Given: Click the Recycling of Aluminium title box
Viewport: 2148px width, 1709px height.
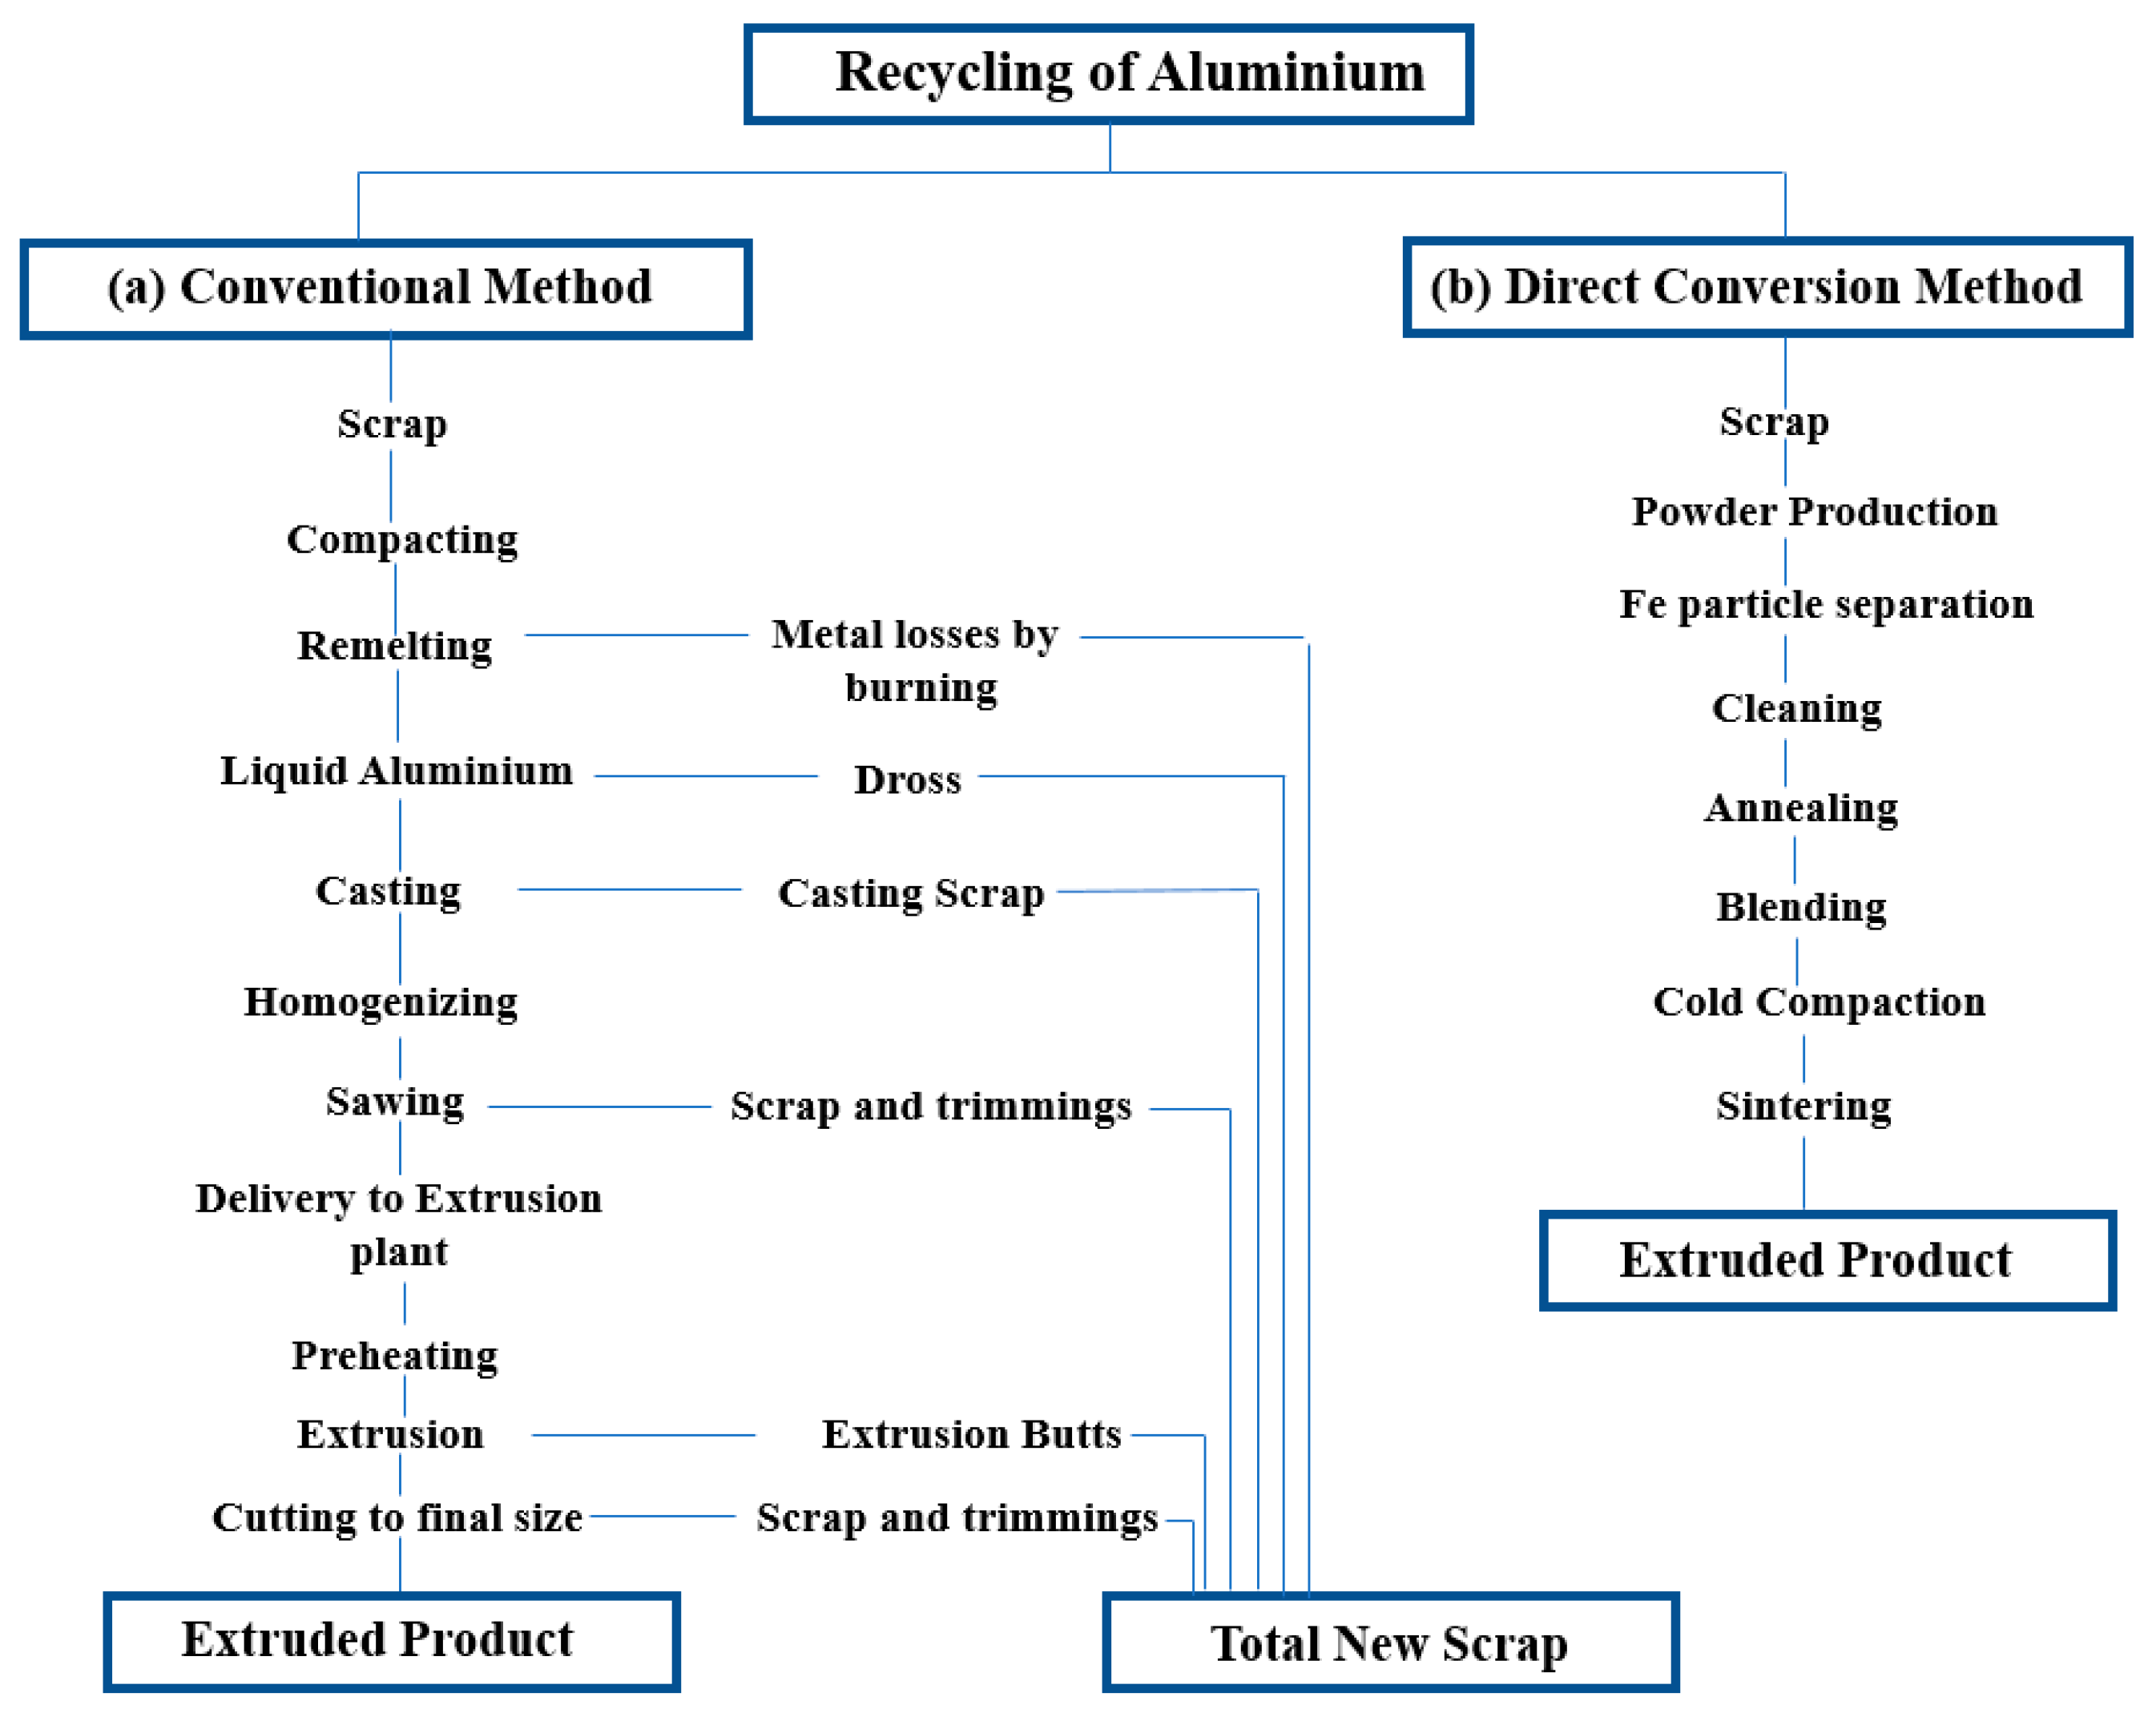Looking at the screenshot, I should [1108, 74].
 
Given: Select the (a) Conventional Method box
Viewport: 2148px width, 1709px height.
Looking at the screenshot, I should [385, 288].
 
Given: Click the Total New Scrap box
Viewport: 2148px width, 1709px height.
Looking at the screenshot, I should [1390, 1643].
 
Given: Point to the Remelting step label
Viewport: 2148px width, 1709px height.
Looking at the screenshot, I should [394, 646].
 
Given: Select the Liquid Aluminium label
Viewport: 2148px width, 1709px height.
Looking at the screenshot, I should [397, 770].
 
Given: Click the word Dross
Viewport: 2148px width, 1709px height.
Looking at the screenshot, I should [907, 780].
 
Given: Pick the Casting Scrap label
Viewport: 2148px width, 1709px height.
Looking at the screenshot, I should [911, 893].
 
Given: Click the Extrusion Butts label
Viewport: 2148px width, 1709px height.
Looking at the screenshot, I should [971, 1434].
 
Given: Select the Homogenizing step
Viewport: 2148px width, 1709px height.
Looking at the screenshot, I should [381, 1002].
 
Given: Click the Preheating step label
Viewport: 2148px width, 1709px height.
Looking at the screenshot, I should [394, 1355].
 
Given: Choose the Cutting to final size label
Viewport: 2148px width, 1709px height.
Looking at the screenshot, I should [397, 1517].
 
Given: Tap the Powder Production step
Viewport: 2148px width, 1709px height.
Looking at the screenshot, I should [1813, 511].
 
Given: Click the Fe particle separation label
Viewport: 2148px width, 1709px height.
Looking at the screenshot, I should [1825, 604].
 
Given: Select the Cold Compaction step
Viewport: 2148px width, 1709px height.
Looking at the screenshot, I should [1818, 1002].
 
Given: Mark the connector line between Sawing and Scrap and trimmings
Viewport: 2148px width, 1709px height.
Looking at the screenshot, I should [598, 1106].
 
